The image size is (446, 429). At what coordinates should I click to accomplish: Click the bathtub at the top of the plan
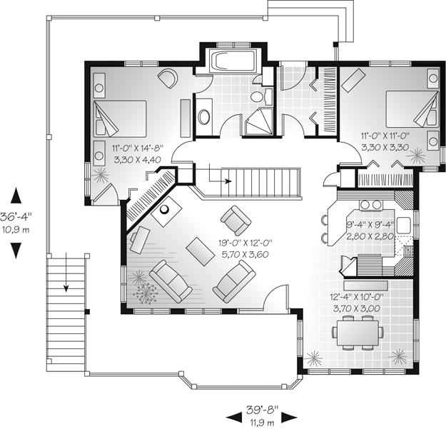click(x=233, y=61)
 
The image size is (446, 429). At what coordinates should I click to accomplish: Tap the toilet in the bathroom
click(x=260, y=96)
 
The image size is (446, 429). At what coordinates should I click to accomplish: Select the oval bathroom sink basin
click(x=203, y=116)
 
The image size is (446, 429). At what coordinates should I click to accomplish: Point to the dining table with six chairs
click(x=358, y=332)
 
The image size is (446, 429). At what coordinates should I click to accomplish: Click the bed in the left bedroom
click(x=120, y=118)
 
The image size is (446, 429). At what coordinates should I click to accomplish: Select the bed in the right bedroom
click(x=412, y=108)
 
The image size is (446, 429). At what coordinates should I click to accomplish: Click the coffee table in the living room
click(x=201, y=251)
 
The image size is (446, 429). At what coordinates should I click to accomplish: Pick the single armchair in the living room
click(x=235, y=219)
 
